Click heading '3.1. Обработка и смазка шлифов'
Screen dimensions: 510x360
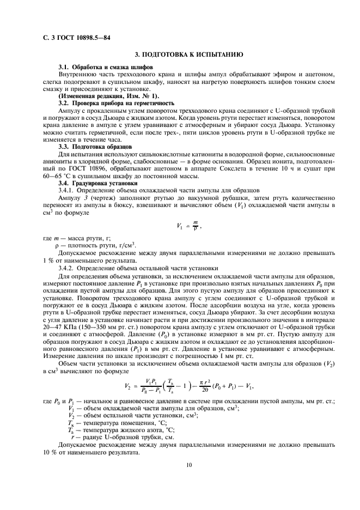click(x=106, y=66)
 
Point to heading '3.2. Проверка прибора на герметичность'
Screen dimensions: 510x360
click(x=124, y=102)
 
